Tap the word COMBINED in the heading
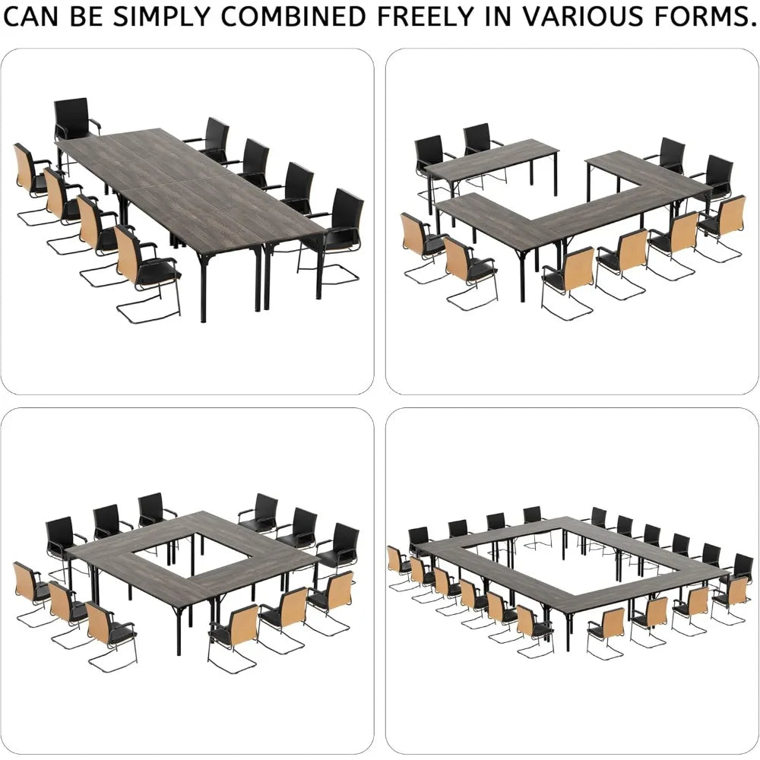(x=293, y=16)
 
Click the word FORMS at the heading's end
(x=705, y=16)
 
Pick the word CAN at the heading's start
(x=31, y=16)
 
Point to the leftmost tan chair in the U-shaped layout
(x=423, y=247)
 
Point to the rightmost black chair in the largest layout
(x=739, y=568)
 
